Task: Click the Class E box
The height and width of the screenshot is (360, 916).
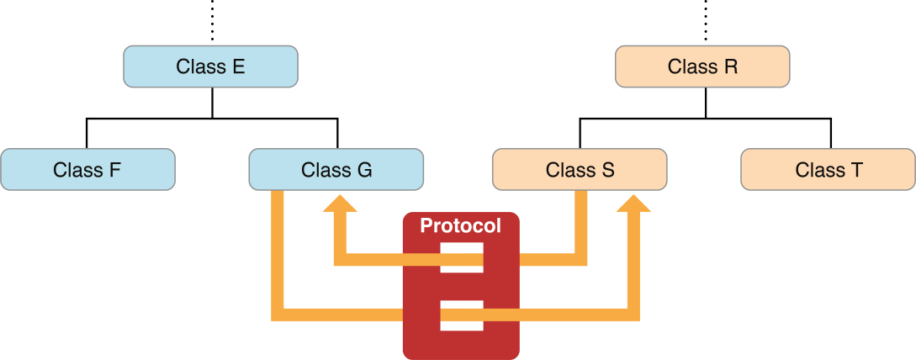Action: tap(210, 66)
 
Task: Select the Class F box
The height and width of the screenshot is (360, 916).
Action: tap(87, 169)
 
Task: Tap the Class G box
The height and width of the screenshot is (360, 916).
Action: tap(336, 169)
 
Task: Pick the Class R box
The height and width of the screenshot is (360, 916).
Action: tap(702, 66)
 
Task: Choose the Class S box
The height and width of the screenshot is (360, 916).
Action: tap(580, 169)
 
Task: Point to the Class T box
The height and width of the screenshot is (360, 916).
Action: tap(828, 169)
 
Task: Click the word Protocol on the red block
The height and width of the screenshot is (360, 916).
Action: tap(460, 226)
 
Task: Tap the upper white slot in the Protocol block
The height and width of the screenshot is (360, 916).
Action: tap(462, 257)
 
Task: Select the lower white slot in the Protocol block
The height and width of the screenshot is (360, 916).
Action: tap(462, 315)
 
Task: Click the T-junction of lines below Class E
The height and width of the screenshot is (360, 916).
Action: tap(212, 119)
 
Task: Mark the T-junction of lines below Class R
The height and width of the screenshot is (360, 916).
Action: tap(705, 119)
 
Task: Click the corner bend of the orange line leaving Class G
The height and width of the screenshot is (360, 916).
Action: tap(278, 315)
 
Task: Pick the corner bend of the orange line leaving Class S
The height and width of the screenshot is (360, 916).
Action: tap(580, 258)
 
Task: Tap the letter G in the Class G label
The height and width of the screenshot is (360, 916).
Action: tap(363, 169)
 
